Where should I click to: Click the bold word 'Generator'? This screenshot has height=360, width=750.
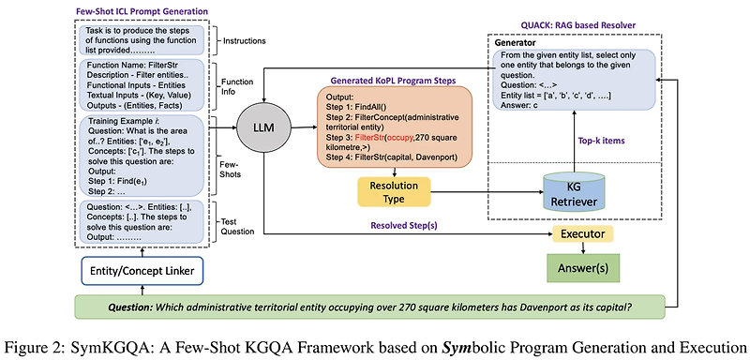point(518,42)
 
